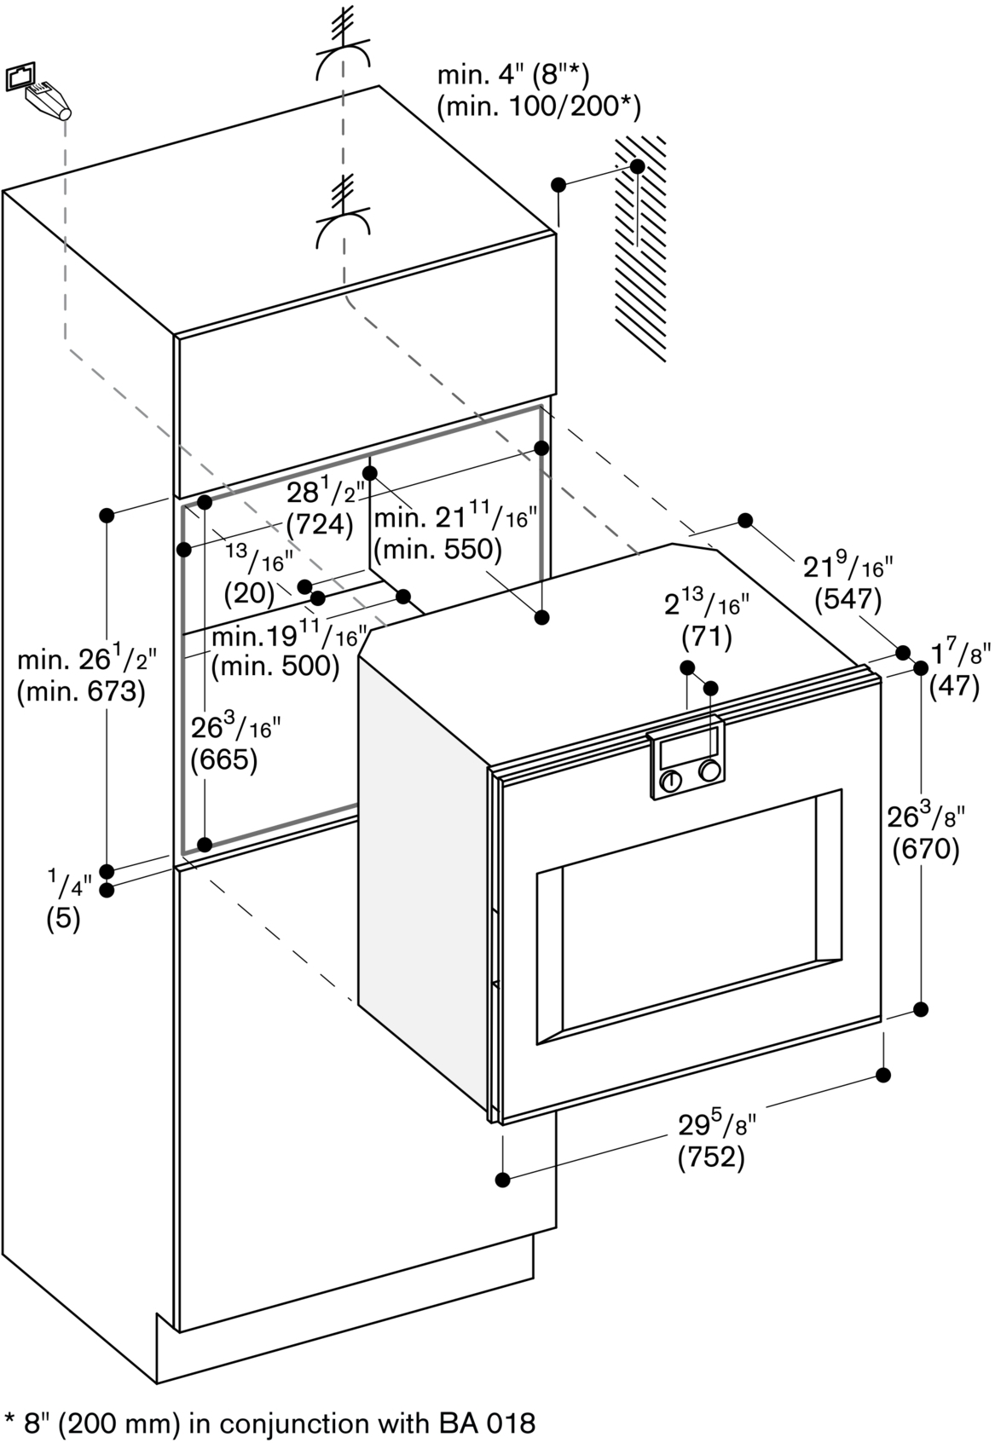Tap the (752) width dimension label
[711, 1157]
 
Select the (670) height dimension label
[926, 849]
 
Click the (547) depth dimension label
[847, 600]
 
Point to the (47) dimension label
[954, 685]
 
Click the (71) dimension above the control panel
[707, 636]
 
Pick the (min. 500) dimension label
[275, 666]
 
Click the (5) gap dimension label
[63, 921]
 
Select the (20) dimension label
[249, 592]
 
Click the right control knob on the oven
[709, 771]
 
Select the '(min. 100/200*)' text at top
[538, 106]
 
